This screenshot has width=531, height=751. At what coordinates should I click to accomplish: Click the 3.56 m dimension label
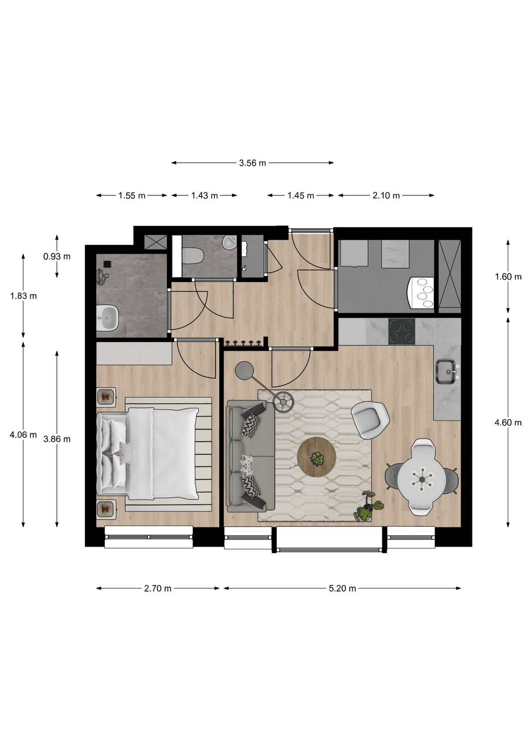tap(252, 163)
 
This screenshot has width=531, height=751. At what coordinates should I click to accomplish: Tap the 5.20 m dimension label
tap(342, 588)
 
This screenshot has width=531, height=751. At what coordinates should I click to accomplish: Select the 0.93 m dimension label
tap(57, 256)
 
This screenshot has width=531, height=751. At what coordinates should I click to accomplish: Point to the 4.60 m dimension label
tap(508, 422)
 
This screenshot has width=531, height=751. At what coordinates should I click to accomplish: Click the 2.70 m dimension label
tap(158, 588)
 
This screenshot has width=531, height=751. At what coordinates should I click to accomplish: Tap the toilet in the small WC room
tap(193, 255)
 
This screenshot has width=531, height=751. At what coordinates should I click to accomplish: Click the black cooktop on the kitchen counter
tap(401, 331)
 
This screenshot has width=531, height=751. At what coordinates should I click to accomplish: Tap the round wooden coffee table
tap(316, 456)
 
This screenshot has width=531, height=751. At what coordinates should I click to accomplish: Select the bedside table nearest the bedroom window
tap(106, 510)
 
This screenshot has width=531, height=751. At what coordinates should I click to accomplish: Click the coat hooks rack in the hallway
tap(242, 343)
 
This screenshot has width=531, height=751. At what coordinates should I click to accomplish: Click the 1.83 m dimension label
tap(23, 296)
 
